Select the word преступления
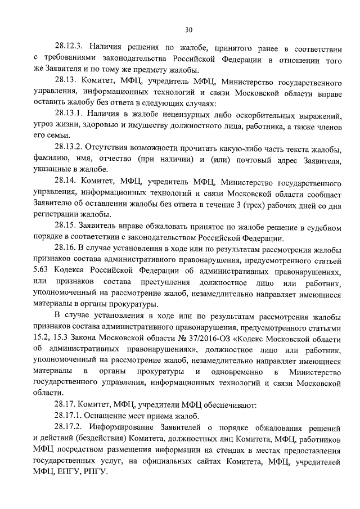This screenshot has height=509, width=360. point(183,281)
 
